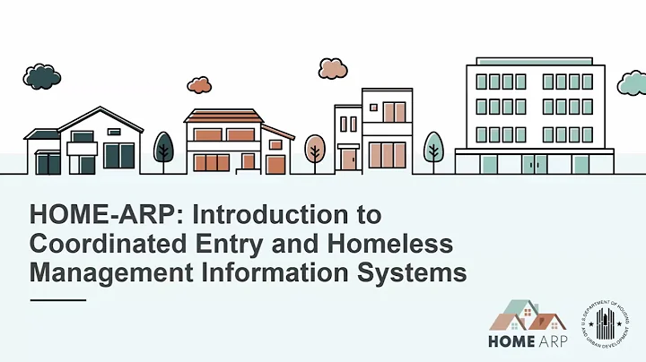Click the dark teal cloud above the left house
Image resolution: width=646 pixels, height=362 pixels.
pyautogui.click(x=42, y=77)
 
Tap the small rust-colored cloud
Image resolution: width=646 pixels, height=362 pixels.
pyautogui.click(x=199, y=84)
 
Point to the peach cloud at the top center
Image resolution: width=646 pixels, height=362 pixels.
pyautogui.click(x=332, y=69)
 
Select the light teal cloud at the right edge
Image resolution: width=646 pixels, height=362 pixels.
pyautogui.click(x=632, y=83)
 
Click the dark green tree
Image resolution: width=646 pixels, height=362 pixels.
pyautogui.click(x=163, y=147)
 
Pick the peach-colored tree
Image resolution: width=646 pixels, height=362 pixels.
pyautogui.click(x=315, y=148)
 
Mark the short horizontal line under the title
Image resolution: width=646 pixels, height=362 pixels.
pyautogui.click(x=57, y=300)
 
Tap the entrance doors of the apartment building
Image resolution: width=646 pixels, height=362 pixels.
pyautogui.click(x=535, y=164)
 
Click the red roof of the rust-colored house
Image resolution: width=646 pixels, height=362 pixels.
pyautogui.click(x=224, y=116)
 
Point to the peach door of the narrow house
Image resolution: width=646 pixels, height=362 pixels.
pyautogui.click(x=348, y=159)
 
